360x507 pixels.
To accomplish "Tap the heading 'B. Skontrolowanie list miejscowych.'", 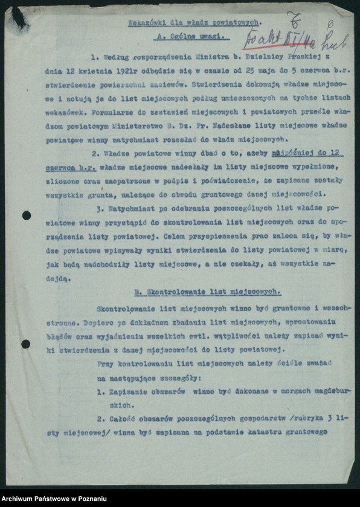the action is coord(208,292).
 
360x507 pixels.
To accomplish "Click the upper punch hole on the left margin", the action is coord(26,215).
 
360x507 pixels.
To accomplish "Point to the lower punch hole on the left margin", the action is coord(26,344).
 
